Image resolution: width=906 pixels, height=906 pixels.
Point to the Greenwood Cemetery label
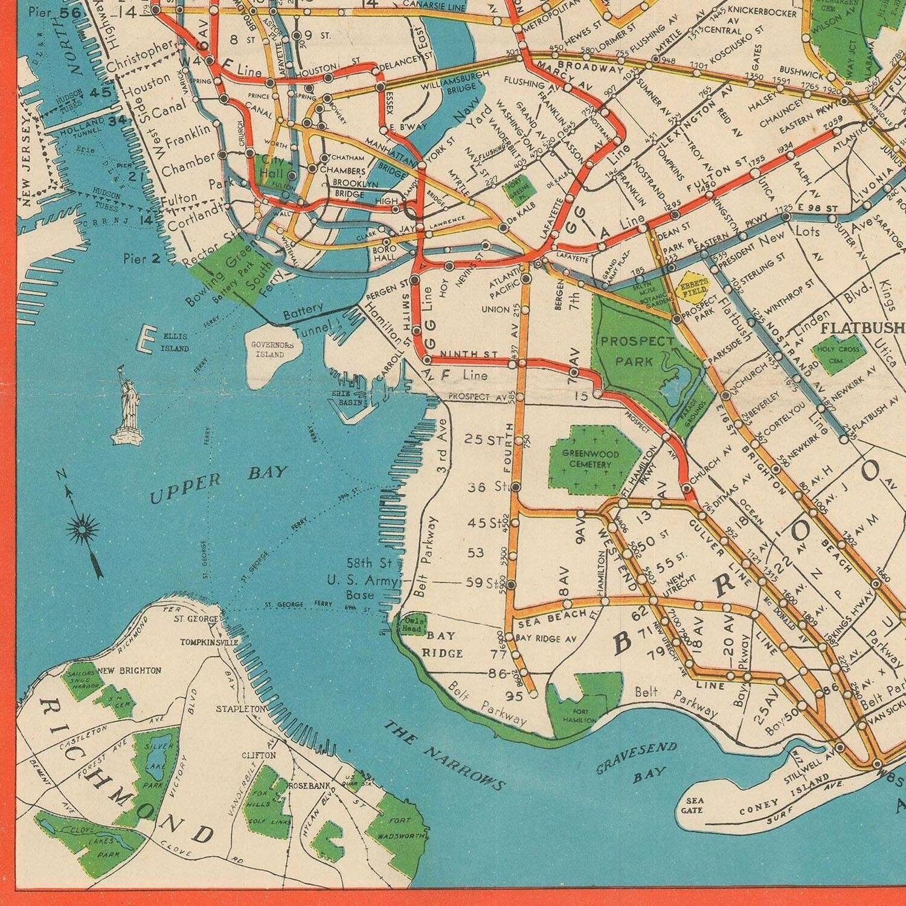pyautogui.click(x=586, y=459)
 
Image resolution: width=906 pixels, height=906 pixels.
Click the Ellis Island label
pyautogui.click(x=175, y=342)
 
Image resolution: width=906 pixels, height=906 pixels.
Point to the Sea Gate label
pyautogui.click(x=692, y=805)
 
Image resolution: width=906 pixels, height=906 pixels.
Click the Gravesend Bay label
pyautogui.click(x=637, y=761)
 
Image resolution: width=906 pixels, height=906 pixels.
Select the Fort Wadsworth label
pyautogui.click(x=399, y=827)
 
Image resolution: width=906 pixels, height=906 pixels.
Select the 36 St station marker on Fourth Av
pyautogui.click(x=516, y=487)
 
